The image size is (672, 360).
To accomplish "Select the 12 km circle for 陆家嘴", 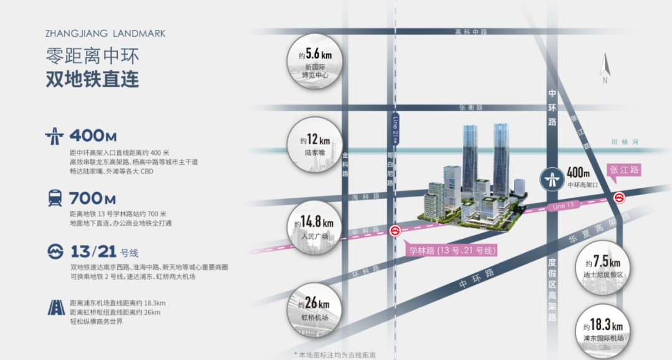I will [x=316, y=145].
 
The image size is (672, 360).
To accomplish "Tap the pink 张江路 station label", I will [x=623, y=170].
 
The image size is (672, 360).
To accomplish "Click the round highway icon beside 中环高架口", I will [x=551, y=179].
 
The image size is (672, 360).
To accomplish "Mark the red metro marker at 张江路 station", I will [x=619, y=198].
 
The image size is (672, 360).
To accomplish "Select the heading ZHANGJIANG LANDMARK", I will [x=106, y=34].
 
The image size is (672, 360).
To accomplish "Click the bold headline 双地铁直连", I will [x=92, y=80].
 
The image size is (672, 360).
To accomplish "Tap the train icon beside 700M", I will [x=54, y=198].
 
